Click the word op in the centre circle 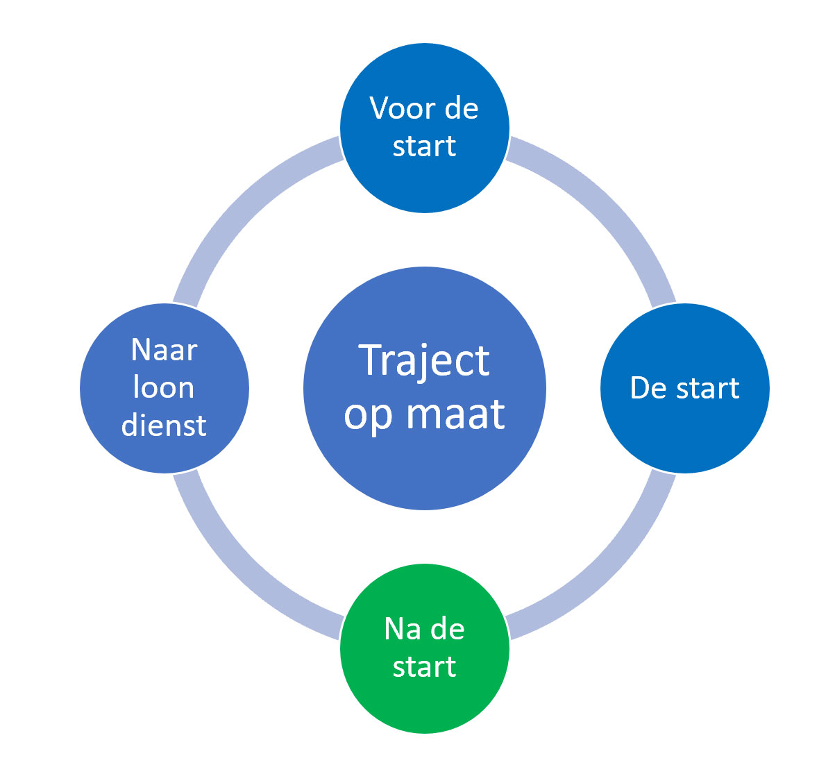369,419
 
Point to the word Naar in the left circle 164,351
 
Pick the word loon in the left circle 164,387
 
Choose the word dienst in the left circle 164,425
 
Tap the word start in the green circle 424,666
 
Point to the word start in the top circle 424,146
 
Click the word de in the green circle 447,628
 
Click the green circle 425,648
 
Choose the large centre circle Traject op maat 425,388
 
